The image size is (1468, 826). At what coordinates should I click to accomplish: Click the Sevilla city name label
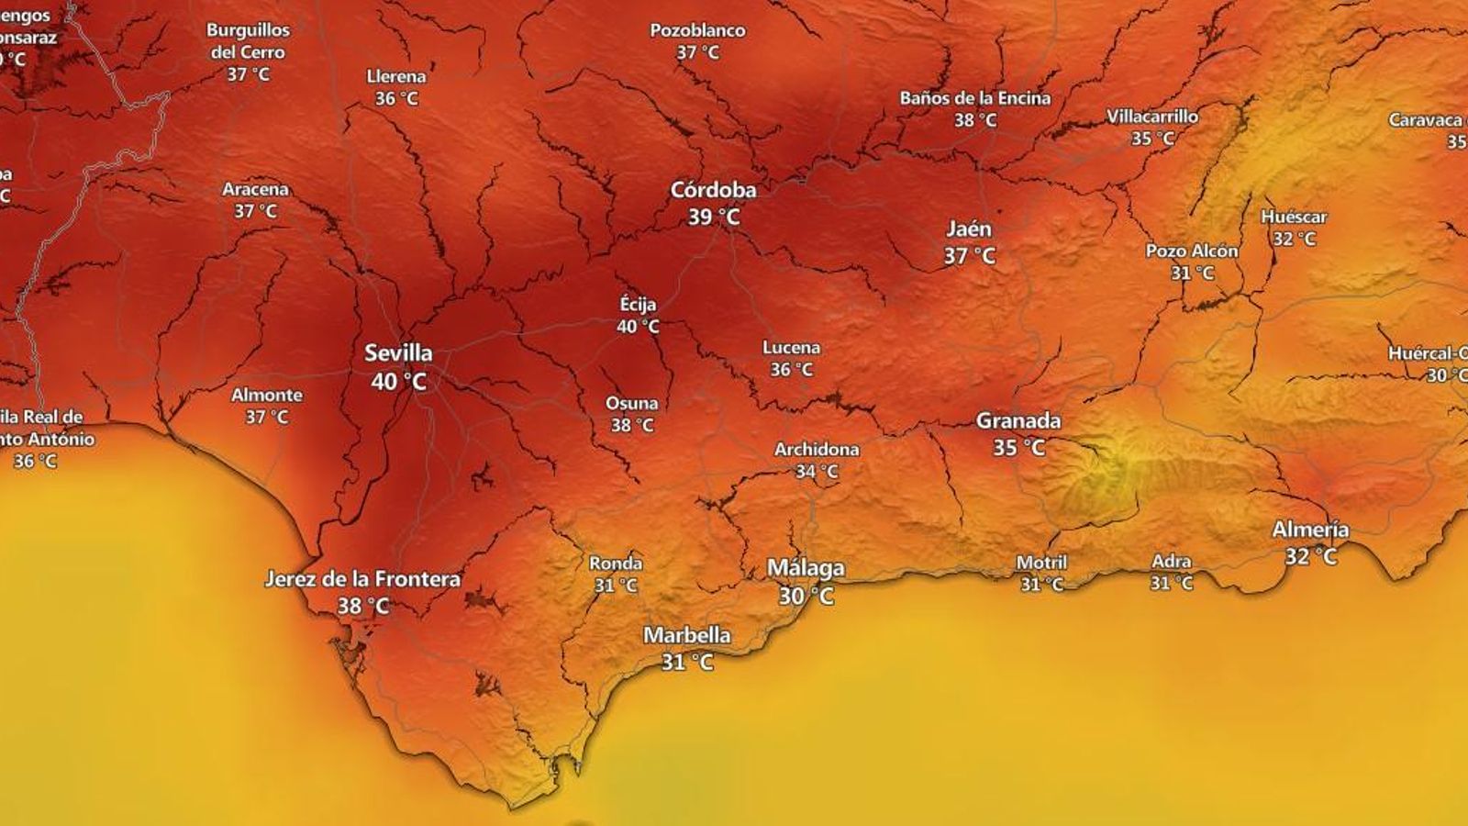(x=398, y=353)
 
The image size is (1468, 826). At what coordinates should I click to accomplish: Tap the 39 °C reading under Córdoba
(x=714, y=218)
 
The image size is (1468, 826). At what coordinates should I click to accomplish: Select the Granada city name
(x=1018, y=421)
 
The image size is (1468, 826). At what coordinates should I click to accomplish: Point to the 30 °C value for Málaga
(x=806, y=597)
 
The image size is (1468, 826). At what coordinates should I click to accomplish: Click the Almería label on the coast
(x=1310, y=530)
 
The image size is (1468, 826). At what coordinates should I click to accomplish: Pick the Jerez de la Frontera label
(x=362, y=579)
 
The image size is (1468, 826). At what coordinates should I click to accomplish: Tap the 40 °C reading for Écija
(x=638, y=327)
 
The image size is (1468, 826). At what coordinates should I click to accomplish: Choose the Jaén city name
(x=969, y=229)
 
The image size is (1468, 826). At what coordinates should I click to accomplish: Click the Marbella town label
(x=687, y=635)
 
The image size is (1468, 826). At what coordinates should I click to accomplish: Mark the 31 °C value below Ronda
(x=616, y=586)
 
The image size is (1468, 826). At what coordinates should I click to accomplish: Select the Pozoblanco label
(x=697, y=30)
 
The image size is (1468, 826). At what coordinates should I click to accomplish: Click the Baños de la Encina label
(x=974, y=98)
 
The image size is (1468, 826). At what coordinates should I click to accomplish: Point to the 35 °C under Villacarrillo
(x=1152, y=139)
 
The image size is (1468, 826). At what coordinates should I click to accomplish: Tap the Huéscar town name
(x=1294, y=218)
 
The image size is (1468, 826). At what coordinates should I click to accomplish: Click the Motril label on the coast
(x=1041, y=563)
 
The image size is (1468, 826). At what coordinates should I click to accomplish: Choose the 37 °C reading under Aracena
(x=255, y=211)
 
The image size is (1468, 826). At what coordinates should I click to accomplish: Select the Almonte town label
(x=266, y=396)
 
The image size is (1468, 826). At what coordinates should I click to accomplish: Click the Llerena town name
(x=396, y=76)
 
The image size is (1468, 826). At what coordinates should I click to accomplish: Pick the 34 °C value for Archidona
(x=817, y=472)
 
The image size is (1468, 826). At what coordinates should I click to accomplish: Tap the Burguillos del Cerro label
(x=248, y=41)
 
